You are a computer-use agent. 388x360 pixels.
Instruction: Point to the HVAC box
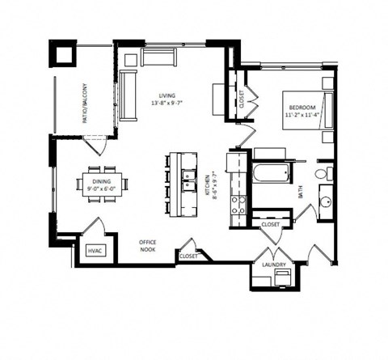coord(97,252)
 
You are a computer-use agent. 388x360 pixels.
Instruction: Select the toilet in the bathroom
coord(324,173)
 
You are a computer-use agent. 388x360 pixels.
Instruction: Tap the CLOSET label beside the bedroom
coord(240,100)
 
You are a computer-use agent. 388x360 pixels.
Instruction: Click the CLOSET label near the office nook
coord(188,256)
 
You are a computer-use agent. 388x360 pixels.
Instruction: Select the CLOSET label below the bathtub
coord(270,224)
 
